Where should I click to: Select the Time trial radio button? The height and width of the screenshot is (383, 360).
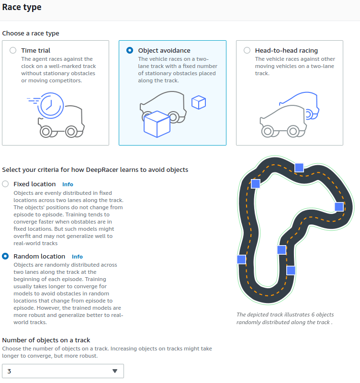pyautogui.click(x=13, y=50)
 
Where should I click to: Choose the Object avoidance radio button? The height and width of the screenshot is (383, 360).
pyautogui.click(x=130, y=50)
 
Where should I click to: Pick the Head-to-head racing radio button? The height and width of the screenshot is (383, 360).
pyautogui.click(x=247, y=50)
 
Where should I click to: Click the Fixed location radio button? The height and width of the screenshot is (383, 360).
pyautogui.click(x=5, y=184)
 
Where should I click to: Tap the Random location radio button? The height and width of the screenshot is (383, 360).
pyautogui.click(x=5, y=256)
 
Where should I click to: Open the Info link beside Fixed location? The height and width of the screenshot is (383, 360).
pyautogui.click(x=67, y=184)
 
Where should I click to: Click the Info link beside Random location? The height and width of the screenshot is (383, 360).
pyautogui.click(x=77, y=257)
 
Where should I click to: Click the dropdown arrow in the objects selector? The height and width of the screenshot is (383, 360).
pyautogui.click(x=114, y=371)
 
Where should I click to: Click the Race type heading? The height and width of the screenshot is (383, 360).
pyautogui.click(x=22, y=7)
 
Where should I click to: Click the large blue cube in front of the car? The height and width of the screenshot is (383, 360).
pyautogui.click(x=157, y=124)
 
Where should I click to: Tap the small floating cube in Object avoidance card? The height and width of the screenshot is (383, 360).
pyautogui.click(x=198, y=102)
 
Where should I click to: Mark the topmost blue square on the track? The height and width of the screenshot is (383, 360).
pyautogui.click(x=299, y=167)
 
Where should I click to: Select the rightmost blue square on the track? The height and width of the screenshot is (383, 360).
pyautogui.click(x=339, y=206)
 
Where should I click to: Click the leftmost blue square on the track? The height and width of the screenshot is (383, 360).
pyautogui.click(x=241, y=259)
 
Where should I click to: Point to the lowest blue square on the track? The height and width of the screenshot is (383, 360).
pyautogui.click(x=291, y=270)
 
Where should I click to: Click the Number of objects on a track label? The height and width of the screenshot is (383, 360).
pyautogui.click(x=46, y=340)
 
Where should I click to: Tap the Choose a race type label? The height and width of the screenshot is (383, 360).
pyautogui.click(x=31, y=34)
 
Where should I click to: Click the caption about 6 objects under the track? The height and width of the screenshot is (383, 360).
pyautogui.click(x=285, y=318)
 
